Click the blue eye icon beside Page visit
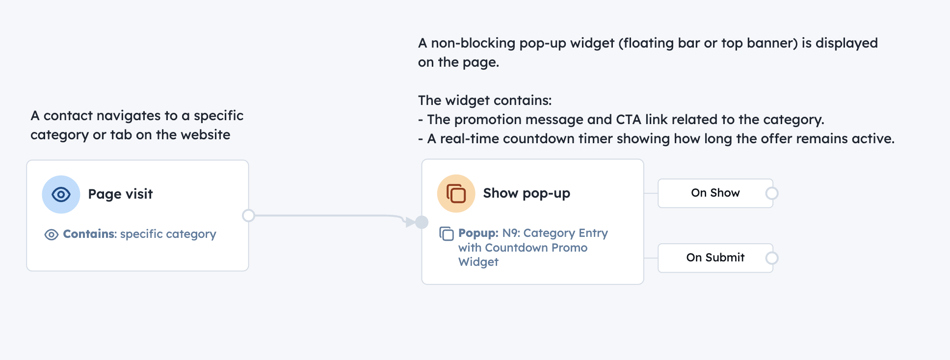[61, 194]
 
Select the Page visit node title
[120, 194]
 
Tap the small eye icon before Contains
[52, 234]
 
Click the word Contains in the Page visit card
[89, 234]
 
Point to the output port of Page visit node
[249, 215]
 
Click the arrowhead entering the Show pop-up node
[410, 222]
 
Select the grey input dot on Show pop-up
[422, 222]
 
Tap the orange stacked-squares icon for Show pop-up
[456, 193]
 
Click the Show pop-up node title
[527, 193]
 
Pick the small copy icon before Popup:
[447, 233]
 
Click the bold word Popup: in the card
[478, 233]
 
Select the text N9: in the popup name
[511, 233]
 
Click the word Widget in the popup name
[478, 262]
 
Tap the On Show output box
[714, 193]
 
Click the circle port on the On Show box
[772, 193]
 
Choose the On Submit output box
[714, 257]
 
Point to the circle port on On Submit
[772, 258]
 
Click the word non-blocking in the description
[473, 43]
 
